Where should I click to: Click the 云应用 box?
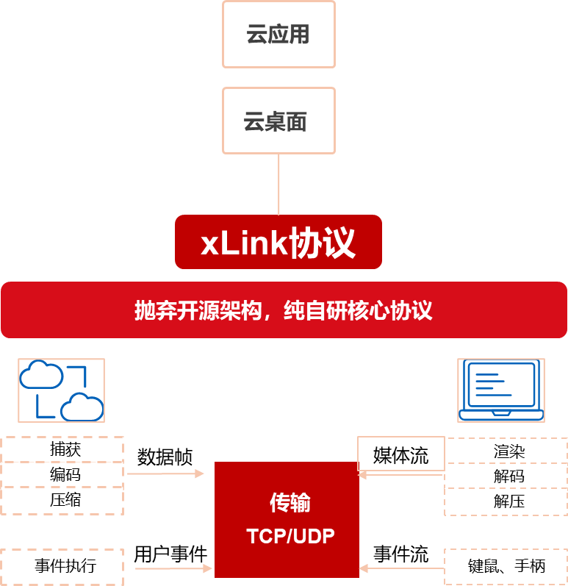(x=278, y=35)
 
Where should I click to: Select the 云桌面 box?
(x=278, y=121)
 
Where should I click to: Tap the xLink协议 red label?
(x=278, y=242)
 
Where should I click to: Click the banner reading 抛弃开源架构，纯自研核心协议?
(x=284, y=310)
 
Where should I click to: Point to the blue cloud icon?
(x=61, y=390)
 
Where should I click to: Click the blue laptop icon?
(x=501, y=390)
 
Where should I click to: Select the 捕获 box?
(x=62, y=449)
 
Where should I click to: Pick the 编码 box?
(x=62, y=474)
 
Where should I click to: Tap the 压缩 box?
(x=62, y=500)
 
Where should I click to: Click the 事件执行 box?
(x=62, y=566)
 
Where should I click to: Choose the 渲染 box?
(x=506, y=451)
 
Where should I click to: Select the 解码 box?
(x=506, y=476)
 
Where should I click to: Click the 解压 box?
(x=506, y=501)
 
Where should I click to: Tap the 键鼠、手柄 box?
(x=506, y=566)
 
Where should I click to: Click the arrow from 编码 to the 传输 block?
(x=165, y=474)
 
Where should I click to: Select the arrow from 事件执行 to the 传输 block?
(x=173, y=568)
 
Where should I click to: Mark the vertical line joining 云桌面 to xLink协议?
(x=278, y=184)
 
